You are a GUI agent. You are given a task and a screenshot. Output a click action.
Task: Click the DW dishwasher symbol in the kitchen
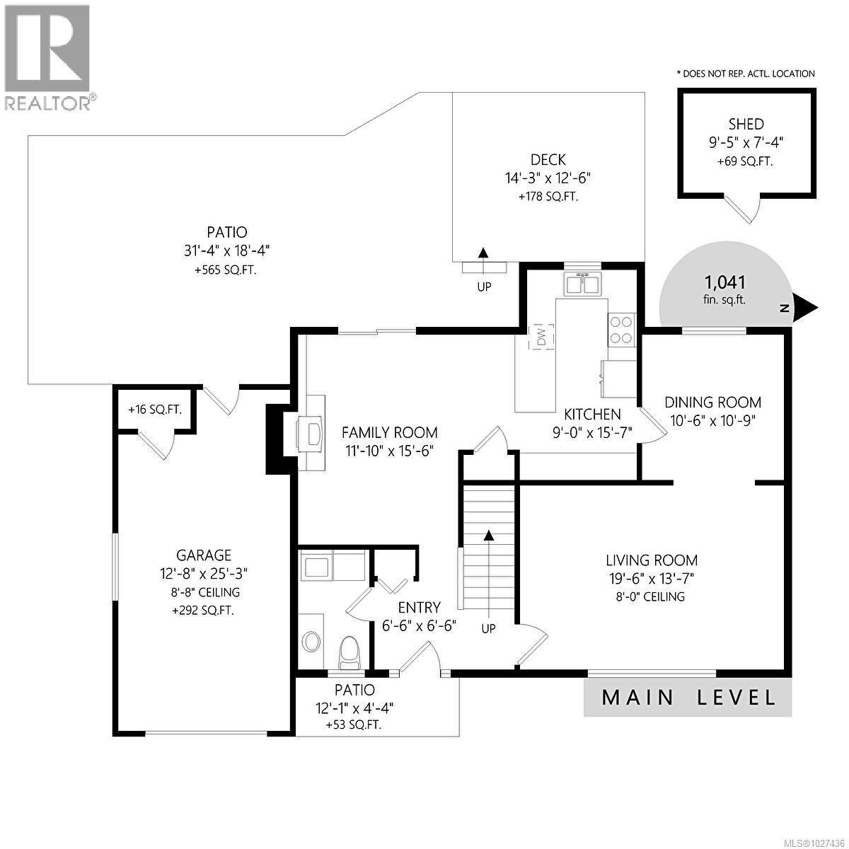pyautogui.click(x=541, y=337)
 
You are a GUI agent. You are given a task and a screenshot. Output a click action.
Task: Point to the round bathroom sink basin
pyautogui.click(x=311, y=642)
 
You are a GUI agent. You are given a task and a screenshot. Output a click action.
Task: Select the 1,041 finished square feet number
pyautogui.click(x=726, y=284)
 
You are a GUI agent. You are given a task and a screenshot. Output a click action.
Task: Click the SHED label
pyautogui.click(x=746, y=124)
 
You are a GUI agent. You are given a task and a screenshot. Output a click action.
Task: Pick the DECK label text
pyautogui.click(x=548, y=161)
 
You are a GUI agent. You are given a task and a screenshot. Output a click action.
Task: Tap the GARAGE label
pyautogui.click(x=204, y=555)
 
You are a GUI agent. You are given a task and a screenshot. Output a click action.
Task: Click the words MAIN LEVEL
pyautogui.click(x=688, y=697)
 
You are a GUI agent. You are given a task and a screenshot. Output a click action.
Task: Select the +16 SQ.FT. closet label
pyautogui.click(x=155, y=410)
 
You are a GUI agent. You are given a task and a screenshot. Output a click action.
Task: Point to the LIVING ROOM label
pyautogui.click(x=652, y=560)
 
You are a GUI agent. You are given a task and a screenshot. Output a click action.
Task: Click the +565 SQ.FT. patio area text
pyautogui.click(x=218, y=269)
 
